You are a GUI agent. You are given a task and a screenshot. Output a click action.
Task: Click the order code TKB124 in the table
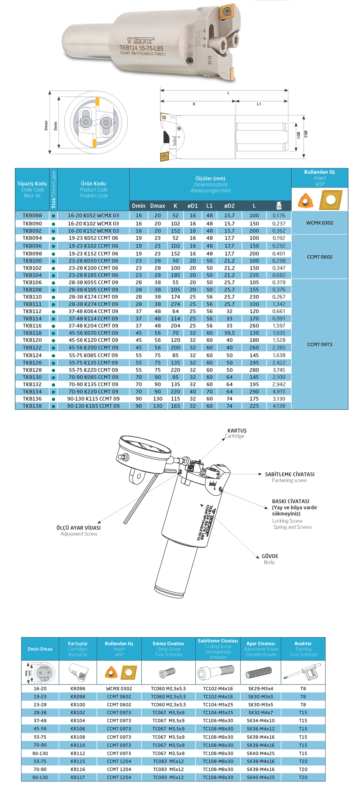click(x=32, y=355)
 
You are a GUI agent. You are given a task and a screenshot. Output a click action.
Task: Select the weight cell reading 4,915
click(x=279, y=392)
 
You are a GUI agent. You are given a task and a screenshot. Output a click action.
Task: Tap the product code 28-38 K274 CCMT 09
click(x=93, y=304)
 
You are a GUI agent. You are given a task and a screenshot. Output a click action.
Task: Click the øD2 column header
click(x=229, y=206)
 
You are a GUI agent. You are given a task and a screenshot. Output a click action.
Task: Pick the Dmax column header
click(x=157, y=206)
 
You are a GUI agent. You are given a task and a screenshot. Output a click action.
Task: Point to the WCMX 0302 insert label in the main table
click(x=319, y=223)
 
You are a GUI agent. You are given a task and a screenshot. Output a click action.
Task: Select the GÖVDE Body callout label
click(x=270, y=559)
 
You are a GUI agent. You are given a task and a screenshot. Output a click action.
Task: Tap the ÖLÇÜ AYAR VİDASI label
click(x=79, y=530)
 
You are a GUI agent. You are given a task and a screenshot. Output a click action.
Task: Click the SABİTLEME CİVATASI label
click(x=289, y=474)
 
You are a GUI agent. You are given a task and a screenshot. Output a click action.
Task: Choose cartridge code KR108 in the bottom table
click(x=78, y=737)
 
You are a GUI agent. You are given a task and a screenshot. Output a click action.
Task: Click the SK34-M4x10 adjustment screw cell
click(x=261, y=721)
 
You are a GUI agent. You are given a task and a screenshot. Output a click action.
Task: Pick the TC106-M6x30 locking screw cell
click(x=218, y=721)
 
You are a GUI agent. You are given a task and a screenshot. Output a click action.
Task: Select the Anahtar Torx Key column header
click(x=303, y=649)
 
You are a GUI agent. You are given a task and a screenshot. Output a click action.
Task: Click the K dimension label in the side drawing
click(x=194, y=104)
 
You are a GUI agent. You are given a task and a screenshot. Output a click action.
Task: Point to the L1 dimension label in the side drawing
click(x=259, y=104)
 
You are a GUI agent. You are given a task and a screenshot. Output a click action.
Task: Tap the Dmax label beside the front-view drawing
click(x=46, y=125)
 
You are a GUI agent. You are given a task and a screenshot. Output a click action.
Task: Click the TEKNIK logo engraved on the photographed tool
click(x=140, y=41)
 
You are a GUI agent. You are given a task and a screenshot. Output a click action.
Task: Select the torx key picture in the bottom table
click(x=303, y=673)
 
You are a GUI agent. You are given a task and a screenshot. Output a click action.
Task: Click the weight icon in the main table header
click(x=279, y=206)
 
